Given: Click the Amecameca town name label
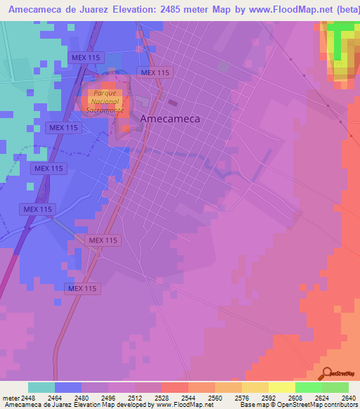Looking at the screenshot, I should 170,119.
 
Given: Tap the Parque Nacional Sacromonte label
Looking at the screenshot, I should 104,102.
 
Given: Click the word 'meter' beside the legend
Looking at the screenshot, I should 8,397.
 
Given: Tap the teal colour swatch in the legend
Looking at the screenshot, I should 41,387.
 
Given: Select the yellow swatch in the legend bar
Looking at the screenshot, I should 281,387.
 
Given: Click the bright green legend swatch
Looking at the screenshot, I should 307,387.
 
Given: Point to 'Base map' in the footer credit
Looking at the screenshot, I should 252,405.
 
